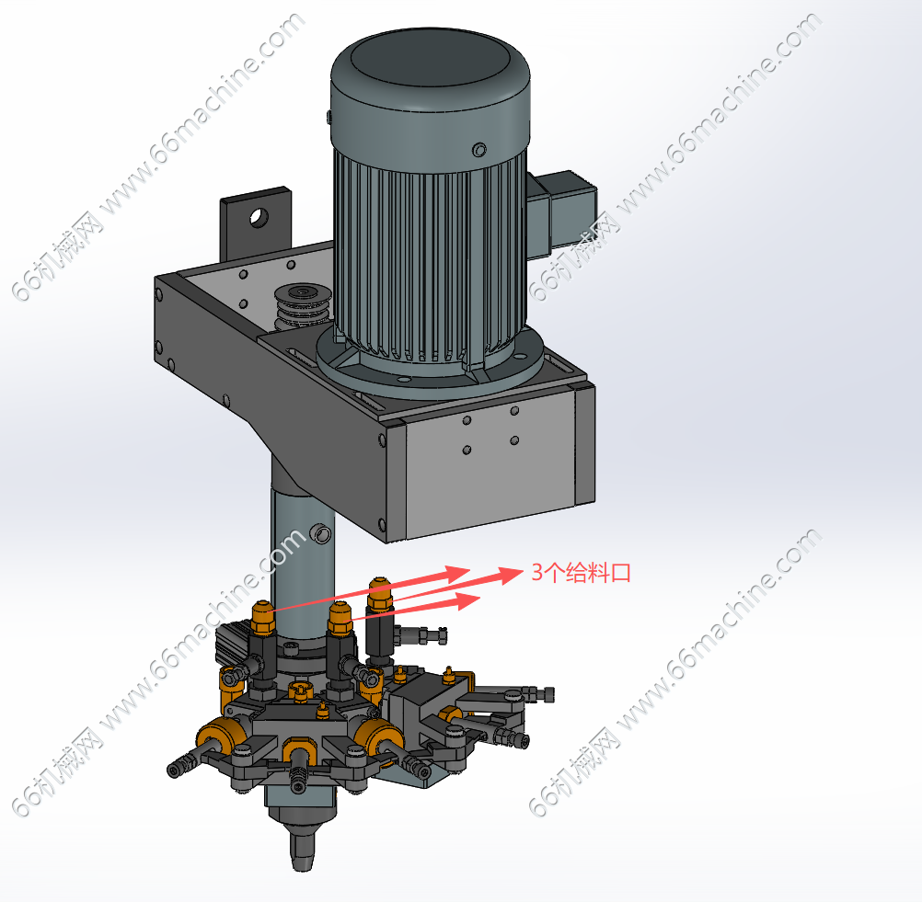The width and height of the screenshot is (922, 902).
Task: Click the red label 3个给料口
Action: pyautogui.click(x=581, y=572)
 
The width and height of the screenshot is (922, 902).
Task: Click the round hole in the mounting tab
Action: pyautogui.click(x=259, y=217)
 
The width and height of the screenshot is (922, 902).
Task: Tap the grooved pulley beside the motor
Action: pyautogui.click(x=303, y=304)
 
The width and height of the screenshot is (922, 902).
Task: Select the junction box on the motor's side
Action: pyautogui.click(x=561, y=213)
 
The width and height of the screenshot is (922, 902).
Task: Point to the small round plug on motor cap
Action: pyautogui.click(x=479, y=150)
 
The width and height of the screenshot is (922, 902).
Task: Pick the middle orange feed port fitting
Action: pyautogui.click(x=340, y=618)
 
